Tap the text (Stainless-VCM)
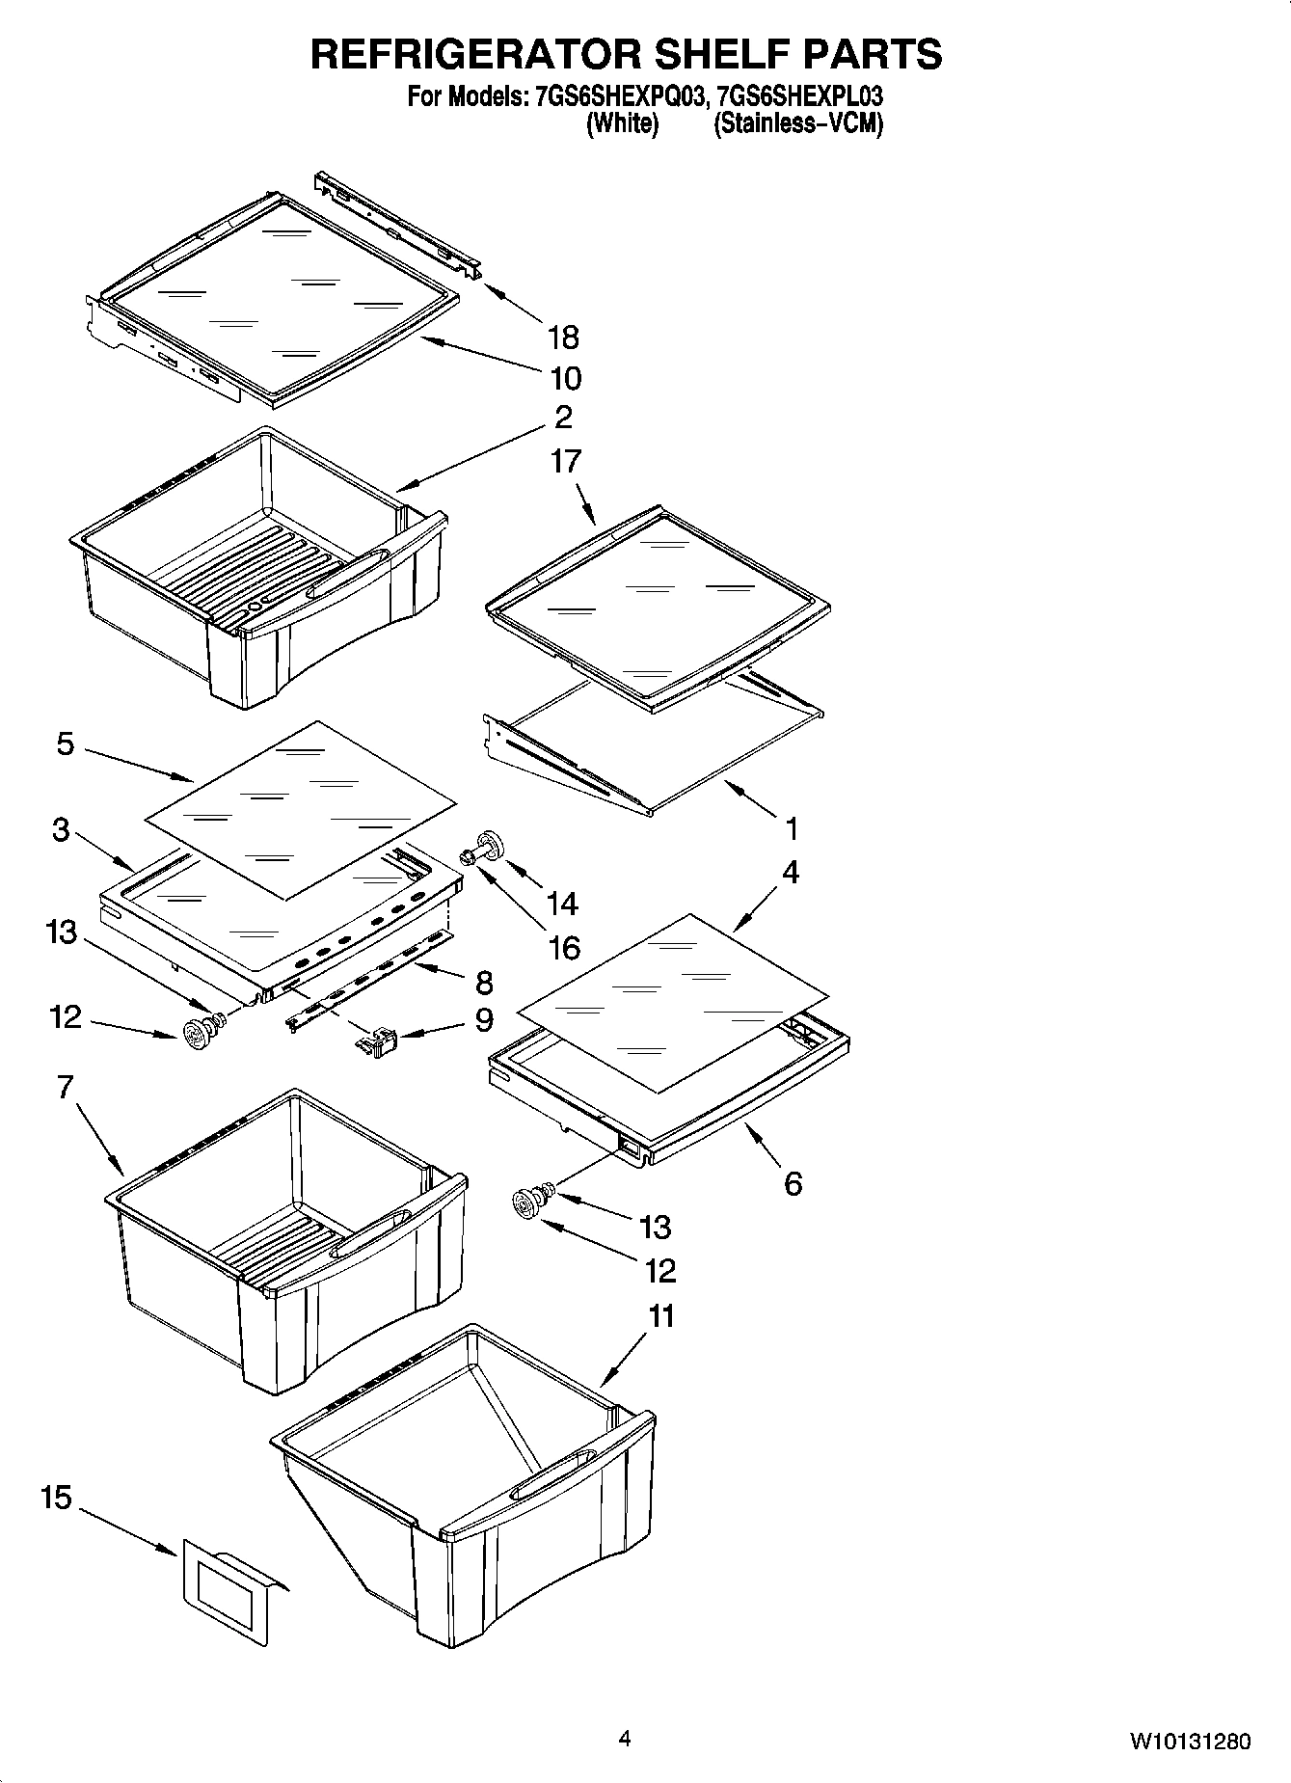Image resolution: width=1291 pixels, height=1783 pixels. point(797,123)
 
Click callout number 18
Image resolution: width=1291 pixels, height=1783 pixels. point(563,338)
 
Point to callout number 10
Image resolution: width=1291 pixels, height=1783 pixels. point(565,378)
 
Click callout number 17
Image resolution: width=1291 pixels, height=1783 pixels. point(565,461)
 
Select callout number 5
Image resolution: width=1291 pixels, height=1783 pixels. point(65,744)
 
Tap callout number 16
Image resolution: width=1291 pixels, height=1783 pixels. point(564,948)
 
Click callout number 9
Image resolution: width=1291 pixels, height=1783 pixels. point(483,1019)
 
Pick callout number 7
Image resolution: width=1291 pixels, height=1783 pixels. point(65,1088)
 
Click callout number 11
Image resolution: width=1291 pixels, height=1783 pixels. point(660,1316)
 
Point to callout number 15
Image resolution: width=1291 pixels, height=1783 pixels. point(57,1498)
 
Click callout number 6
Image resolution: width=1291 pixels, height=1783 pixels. point(793,1184)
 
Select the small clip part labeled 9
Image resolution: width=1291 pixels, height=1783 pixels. point(378,1042)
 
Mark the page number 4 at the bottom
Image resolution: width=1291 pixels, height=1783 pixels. point(625,1740)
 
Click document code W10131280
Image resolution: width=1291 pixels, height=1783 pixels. point(1191,1742)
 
